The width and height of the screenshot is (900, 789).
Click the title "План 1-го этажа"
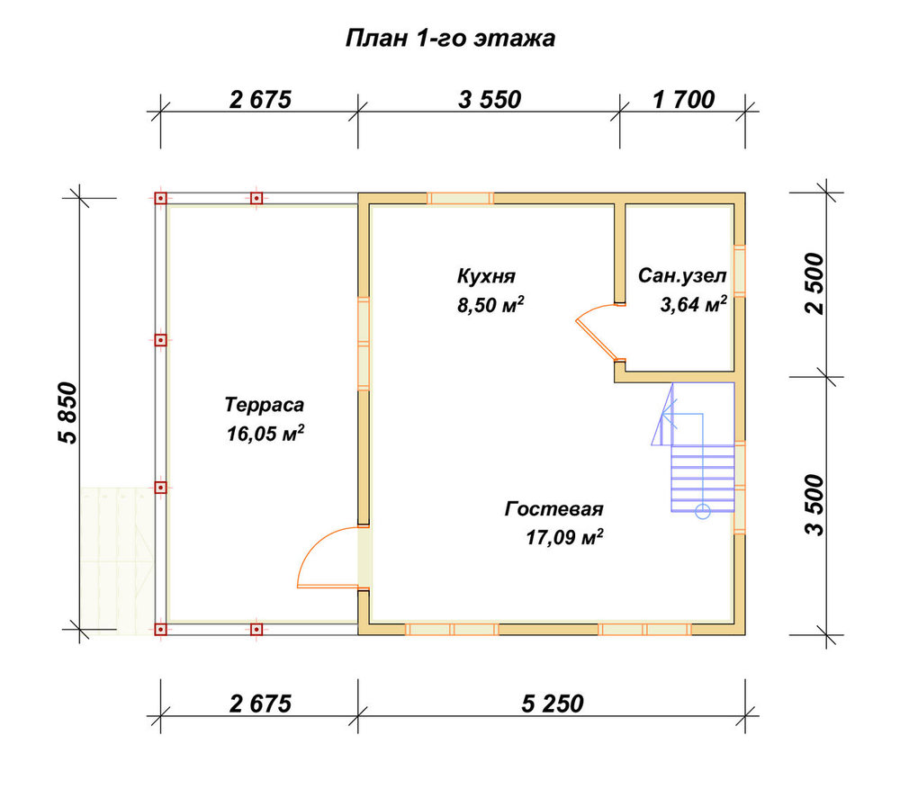click(450, 39)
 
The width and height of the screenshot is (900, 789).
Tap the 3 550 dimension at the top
click(490, 100)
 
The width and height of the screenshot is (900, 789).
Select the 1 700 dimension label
click(684, 100)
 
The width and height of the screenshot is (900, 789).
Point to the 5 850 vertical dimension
click(67, 413)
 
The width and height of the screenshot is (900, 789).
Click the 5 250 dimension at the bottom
click(553, 704)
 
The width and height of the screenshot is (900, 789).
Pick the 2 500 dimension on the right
click(814, 283)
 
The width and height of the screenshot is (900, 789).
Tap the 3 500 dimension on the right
click(814, 505)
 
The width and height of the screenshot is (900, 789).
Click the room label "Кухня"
click(486, 276)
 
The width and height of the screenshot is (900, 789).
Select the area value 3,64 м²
click(693, 304)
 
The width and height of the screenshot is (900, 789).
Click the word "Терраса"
click(264, 405)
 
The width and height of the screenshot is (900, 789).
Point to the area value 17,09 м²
click(564, 538)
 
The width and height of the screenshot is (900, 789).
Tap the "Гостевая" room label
click(553, 509)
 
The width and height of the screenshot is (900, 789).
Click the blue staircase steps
click(703, 479)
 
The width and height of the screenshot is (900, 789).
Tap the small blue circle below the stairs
click(703, 512)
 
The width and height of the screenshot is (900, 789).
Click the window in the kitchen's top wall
click(460, 199)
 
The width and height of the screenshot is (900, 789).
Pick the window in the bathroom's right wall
click(739, 271)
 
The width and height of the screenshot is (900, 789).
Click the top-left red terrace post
click(161, 198)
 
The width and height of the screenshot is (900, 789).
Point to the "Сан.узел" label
click(682, 276)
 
